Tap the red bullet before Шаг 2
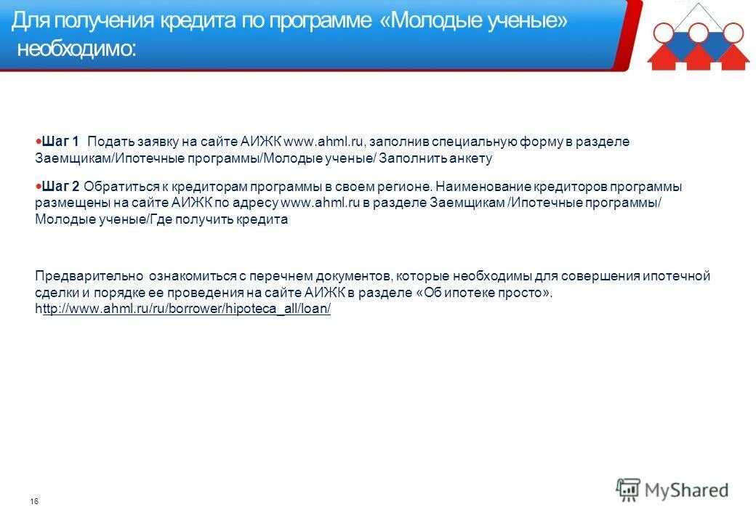coord(39,186)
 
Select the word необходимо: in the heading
coord(75,49)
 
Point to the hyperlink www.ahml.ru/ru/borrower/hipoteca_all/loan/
coord(187,309)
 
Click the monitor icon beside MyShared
coord(628,490)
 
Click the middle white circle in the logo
coord(699,32)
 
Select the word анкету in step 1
coord(473,158)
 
